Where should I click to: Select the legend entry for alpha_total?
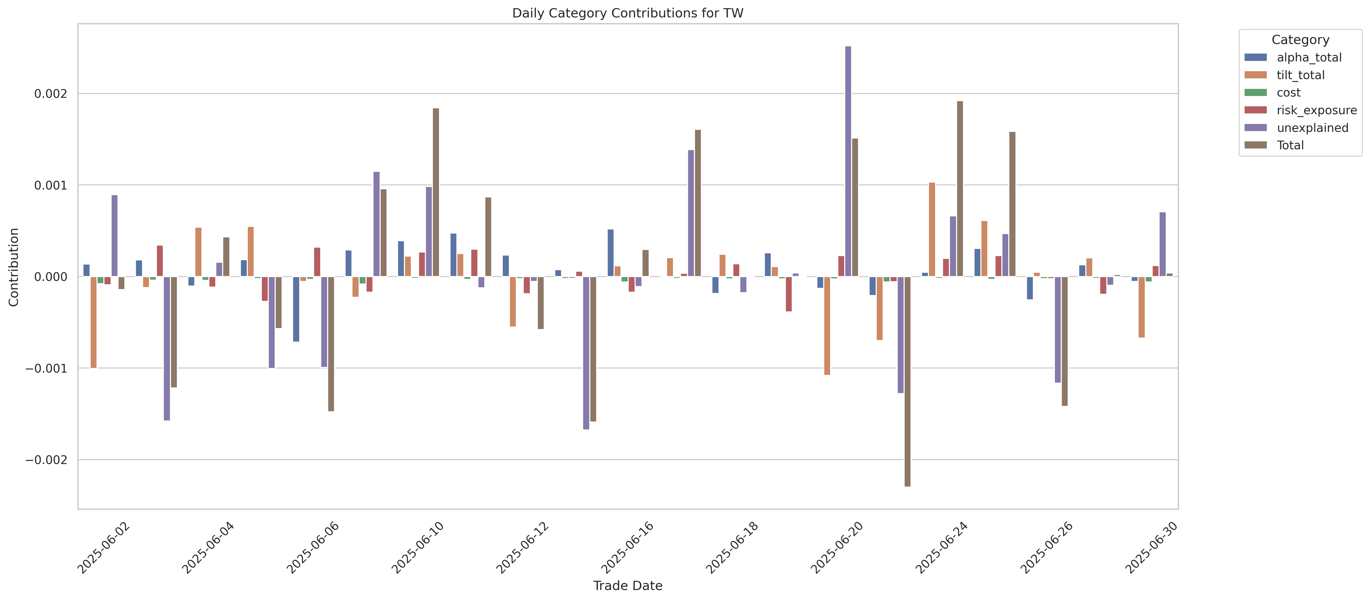[1308, 57]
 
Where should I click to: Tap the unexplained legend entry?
[1312, 128]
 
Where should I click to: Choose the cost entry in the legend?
[1288, 92]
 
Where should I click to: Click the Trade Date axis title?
[628, 586]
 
